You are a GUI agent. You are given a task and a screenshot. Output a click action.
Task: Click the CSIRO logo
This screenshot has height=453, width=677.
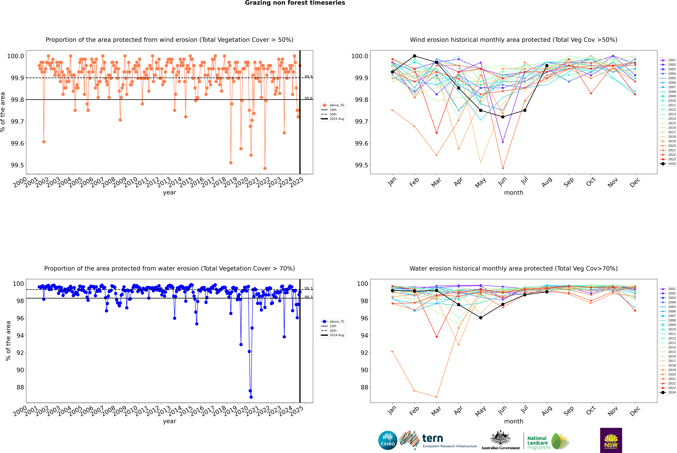[388, 440]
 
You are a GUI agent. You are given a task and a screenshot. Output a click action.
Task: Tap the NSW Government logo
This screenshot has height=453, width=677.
[611, 440]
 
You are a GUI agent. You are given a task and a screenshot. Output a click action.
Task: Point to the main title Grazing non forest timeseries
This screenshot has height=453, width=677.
[295, 3]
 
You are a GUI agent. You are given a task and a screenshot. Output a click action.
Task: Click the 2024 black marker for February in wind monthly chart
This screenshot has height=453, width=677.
[414, 56]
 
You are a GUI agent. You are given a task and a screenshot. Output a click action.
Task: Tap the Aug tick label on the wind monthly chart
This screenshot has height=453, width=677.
[547, 182]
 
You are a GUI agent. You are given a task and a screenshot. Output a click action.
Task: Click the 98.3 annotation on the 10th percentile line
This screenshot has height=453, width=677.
[308, 297]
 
